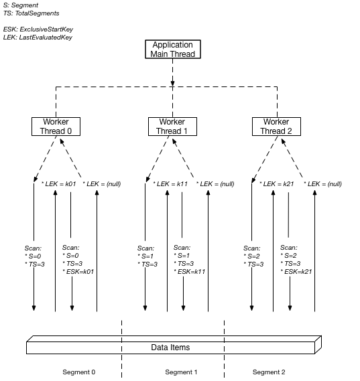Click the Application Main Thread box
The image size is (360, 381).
(173, 50)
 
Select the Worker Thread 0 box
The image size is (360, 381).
(56, 127)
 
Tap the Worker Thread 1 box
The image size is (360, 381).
(172, 127)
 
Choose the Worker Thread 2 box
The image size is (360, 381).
(276, 127)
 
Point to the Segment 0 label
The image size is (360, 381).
(79, 372)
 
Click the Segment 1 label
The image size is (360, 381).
(182, 372)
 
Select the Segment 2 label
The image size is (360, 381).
(269, 372)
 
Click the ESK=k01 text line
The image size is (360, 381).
(78, 272)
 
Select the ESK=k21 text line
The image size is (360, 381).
(297, 272)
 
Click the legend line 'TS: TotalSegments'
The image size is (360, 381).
(31, 13)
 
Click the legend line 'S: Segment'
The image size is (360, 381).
(21, 5)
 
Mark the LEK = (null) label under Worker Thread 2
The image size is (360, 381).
(323, 183)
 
